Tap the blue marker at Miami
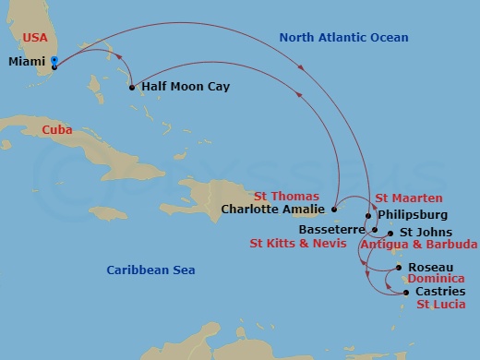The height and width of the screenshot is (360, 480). click(55, 63)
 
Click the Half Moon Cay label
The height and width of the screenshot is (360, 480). click(186, 87)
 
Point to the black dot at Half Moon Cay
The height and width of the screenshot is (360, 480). click(132, 88)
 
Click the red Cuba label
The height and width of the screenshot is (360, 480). click(57, 130)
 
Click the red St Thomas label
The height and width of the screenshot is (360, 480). click(287, 196)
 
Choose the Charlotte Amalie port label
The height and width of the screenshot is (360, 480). click(272, 209)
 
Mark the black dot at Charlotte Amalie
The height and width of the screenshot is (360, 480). click(333, 209)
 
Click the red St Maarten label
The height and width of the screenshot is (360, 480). click(409, 198)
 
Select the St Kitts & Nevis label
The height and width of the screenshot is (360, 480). click(298, 244)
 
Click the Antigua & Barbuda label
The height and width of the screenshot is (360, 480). click(418, 245)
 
